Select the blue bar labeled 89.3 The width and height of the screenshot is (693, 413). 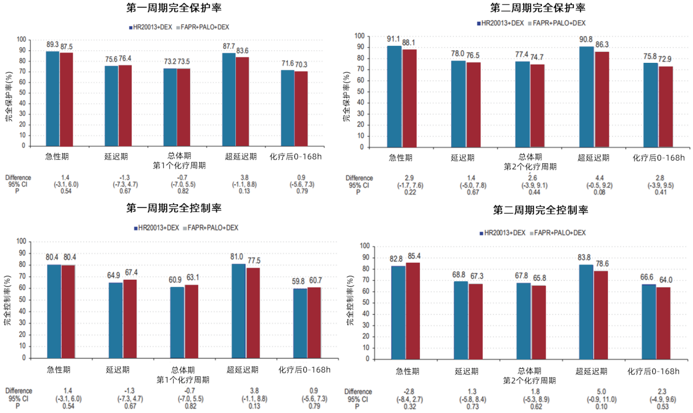click(52, 98)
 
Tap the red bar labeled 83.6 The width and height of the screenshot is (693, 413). click(242, 101)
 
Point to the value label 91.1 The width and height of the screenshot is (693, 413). click(394, 39)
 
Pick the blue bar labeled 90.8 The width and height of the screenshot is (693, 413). click(587, 97)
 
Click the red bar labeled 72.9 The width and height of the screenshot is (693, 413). click(665, 107)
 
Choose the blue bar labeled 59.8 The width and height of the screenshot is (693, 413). click(300, 323)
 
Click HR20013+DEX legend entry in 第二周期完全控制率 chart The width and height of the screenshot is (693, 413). click(502, 233)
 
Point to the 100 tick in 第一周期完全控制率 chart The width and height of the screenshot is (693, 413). click(37, 241)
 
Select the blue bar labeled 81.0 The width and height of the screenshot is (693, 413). click(238, 311)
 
